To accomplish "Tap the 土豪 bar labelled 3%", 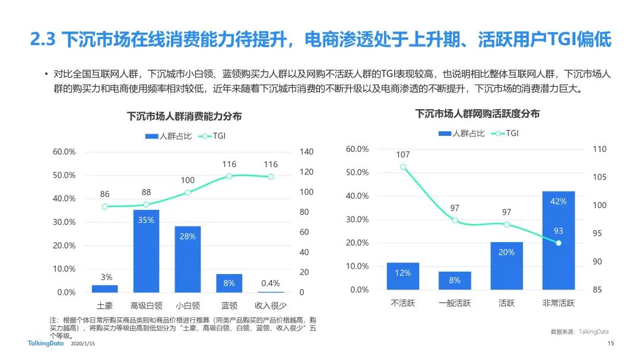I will (x=104, y=289).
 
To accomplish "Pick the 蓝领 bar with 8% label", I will (x=229, y=283).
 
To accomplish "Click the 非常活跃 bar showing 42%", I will (x=558, y=240).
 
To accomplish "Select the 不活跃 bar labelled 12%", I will (x=402, y=276).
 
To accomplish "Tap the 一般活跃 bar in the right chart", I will (x=455, y=281).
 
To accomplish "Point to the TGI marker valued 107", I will (x=403, y=167).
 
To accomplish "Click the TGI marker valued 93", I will (x=559, y=243).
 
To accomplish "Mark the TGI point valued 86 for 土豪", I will (x=105, y=206).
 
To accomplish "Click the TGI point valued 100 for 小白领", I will (x=188, y=192).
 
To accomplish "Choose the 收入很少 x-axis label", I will (x=271, y=306).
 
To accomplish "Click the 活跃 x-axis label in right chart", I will (x=506, y=303).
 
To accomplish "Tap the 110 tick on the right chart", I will (x=599, y=149).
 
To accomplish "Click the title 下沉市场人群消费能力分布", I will (x=184, y=116).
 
